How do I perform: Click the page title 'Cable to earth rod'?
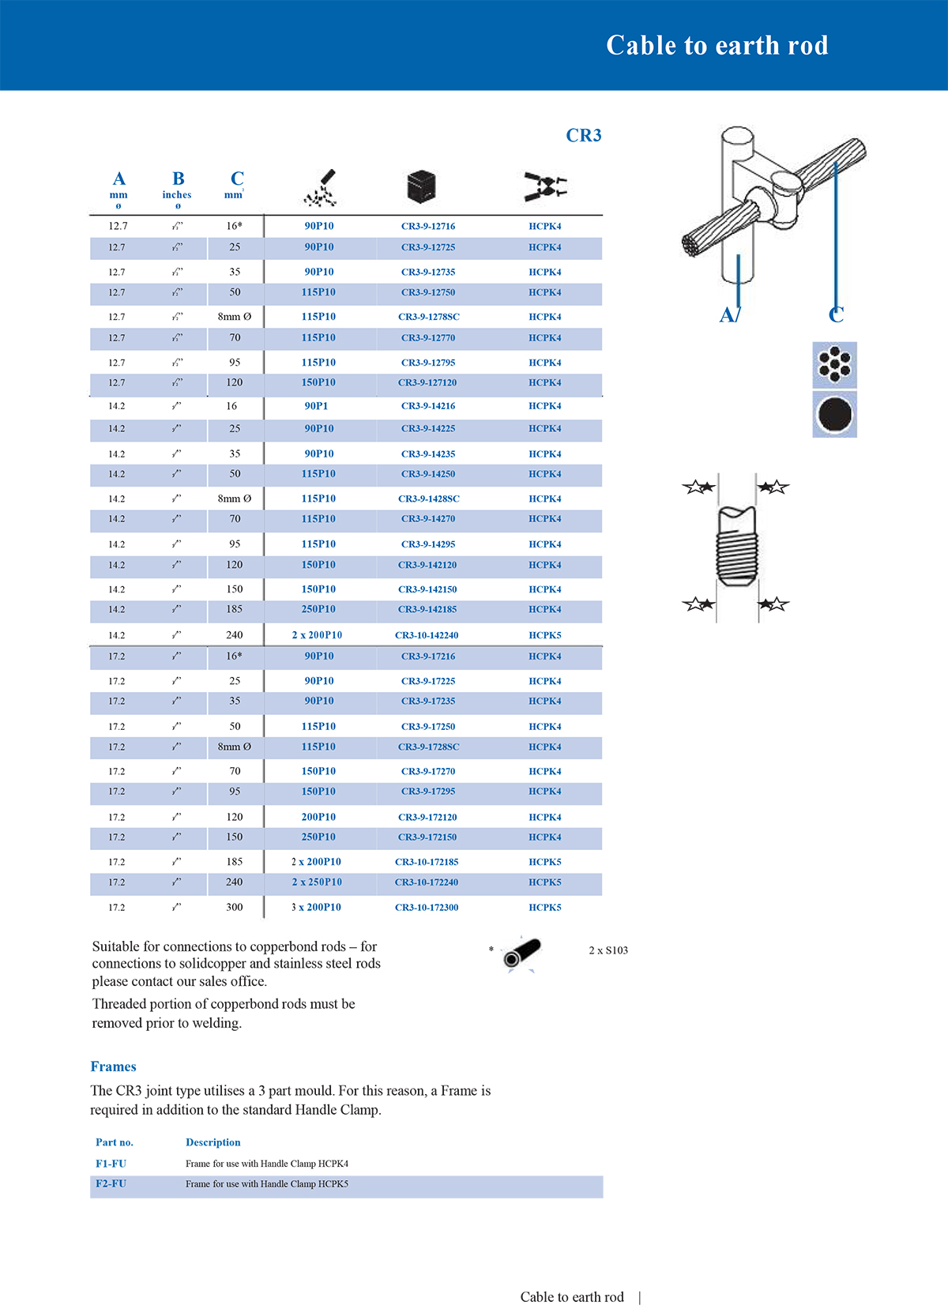point(717,46)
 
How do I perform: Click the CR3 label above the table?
point(583,136)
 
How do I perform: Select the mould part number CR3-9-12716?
point(427,226)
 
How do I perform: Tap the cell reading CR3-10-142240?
point(426,635)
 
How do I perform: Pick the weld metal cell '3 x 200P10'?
point(316,907)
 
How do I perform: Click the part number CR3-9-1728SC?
point(428,747)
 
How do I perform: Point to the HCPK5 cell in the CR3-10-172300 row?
point(544,907)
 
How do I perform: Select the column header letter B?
point(179,179)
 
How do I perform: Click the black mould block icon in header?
point(421,186)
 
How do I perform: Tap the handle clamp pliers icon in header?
point(545,187)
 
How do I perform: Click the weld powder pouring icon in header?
point(322,188)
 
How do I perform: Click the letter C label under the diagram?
point(836,314)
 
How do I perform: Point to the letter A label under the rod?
point(728,314)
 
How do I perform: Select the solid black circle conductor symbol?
point(834,415)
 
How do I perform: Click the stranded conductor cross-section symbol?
point(834,364)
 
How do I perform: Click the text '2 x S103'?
point(608,950)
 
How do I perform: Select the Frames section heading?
point(113,1066)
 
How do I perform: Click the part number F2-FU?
point(111,1183)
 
